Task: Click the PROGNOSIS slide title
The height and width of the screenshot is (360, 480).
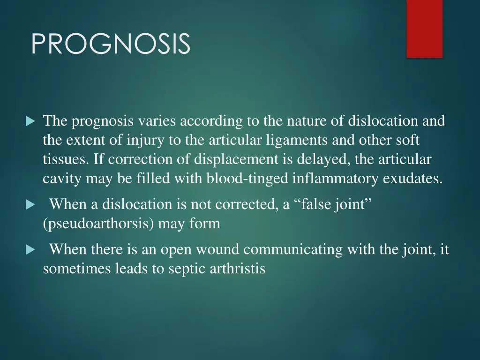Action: pyautogui.click(x=111, y=44)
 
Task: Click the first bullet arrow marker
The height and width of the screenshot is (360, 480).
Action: pyautogui.click(x=30, y=122)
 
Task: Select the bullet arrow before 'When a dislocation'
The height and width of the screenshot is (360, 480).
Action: pyautogui.click(x=30, y=205)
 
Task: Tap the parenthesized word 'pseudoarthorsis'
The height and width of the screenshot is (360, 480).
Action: pyautogui.click(x=98, y=224)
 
